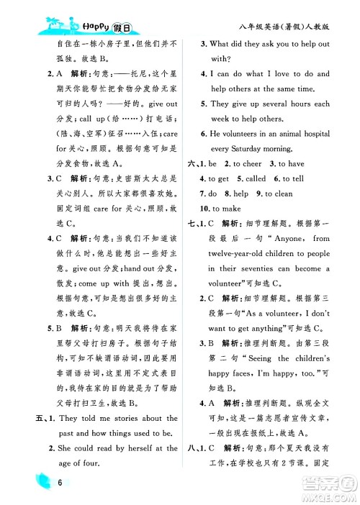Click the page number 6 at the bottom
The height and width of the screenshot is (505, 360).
tap(44, 484)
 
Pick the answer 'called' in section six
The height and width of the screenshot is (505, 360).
tap(256, 179)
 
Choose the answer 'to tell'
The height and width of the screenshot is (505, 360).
tap(293, 179)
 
